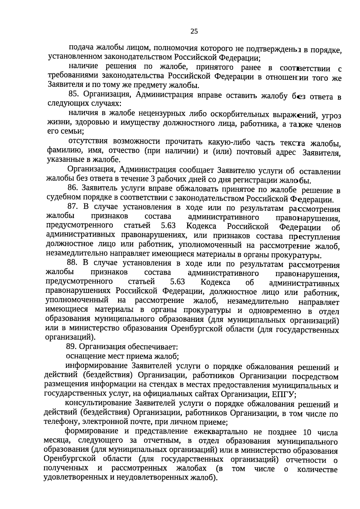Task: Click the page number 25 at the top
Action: (194, 31)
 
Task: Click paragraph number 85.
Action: (73, 94)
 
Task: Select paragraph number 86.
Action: (73, 188)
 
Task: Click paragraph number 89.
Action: (71, 347)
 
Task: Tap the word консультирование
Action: (98, 403)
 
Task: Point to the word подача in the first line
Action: (81, 47)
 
